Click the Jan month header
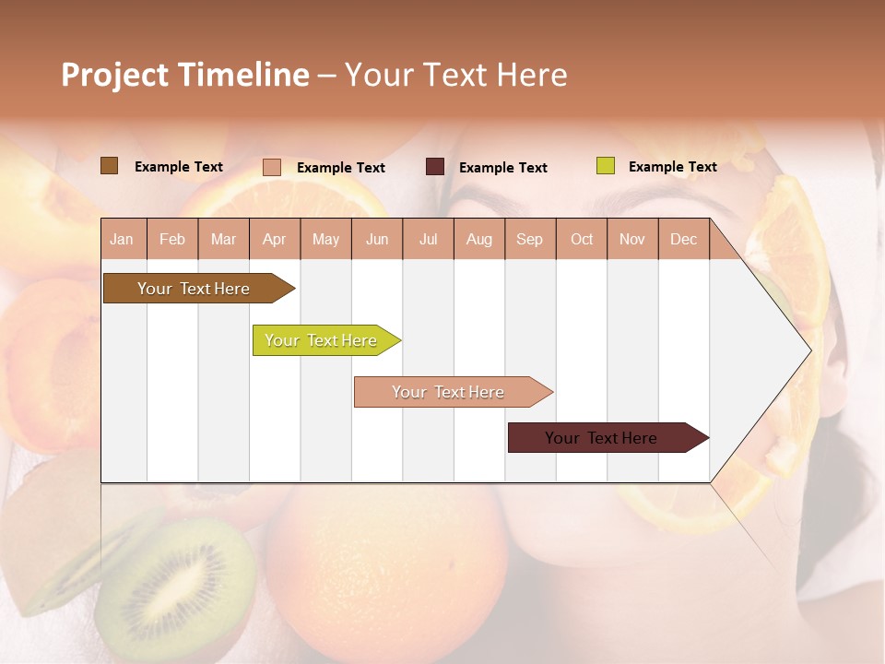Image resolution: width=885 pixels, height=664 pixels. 122,240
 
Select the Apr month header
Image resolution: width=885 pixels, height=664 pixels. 275,240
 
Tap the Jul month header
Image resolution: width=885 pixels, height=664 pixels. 428,240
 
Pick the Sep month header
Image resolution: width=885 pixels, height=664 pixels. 529,240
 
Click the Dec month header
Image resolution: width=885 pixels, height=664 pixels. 683,240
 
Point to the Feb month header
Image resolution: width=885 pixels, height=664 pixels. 172,240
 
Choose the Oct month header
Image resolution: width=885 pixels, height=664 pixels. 582,240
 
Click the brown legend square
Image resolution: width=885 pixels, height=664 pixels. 109,166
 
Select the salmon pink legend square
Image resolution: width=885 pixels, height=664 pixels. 272,167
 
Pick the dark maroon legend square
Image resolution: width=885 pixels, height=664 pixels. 435,167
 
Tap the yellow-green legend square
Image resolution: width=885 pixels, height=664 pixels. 606,166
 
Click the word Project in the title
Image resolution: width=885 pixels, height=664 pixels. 114,75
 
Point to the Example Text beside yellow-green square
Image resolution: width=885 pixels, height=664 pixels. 672,167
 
